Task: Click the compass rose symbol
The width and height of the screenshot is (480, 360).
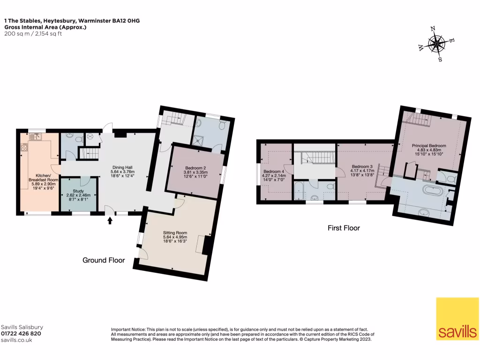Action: (x=436, y=45)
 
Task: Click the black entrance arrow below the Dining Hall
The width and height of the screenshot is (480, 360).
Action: (x=110, y=219)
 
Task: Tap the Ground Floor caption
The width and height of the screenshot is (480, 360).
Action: (x=104, y=260)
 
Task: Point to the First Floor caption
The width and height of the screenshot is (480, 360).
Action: (x=344, y=228)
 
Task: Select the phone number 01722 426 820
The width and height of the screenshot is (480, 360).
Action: (x=21, y=334)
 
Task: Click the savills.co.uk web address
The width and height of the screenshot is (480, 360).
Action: (x=16, y=340)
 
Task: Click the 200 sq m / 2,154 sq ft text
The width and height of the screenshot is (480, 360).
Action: (x=33, y=34)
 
